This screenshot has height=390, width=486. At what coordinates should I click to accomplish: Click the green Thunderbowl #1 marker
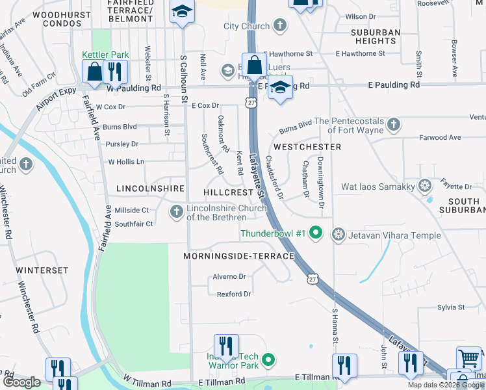pos(316,232)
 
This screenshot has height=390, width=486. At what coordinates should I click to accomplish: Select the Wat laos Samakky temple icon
pos(425,187)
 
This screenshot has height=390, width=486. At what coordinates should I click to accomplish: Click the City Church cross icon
pos(279,26)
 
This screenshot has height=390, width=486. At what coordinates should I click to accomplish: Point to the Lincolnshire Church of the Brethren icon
pos(176,212)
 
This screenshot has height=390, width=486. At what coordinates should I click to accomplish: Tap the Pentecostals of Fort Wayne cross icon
pos(392,123)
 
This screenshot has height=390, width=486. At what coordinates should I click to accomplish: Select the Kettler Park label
pos(105,55)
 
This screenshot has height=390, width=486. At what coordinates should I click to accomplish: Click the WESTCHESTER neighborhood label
pos(307,148)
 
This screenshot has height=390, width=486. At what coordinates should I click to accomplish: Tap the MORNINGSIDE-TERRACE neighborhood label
pos(238,257)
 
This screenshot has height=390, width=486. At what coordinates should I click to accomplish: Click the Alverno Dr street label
pos(229,276)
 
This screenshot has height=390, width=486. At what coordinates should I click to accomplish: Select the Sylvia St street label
pos(451,307)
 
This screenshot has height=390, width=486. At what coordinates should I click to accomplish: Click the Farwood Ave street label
pos(439,138)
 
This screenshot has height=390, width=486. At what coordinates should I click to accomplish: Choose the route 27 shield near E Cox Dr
pos(251,102)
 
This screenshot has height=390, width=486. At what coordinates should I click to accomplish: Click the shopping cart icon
pos(469,357)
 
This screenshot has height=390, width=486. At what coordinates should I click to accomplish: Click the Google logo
pos(21,382)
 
